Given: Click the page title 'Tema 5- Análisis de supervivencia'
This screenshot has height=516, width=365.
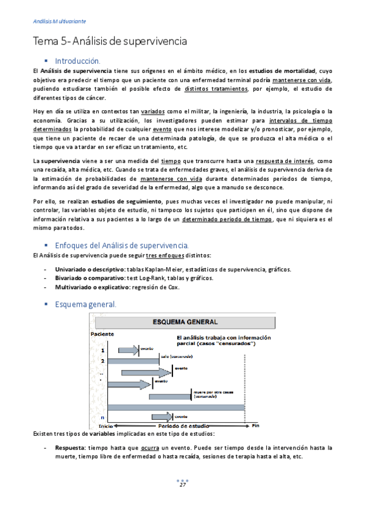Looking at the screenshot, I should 110,41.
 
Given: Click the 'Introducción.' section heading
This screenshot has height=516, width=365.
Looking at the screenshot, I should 77,61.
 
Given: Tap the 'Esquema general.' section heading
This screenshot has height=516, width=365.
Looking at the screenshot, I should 85,304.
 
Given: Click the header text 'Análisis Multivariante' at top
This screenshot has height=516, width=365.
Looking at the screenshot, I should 60,21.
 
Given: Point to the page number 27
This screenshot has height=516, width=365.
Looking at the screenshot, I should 182,502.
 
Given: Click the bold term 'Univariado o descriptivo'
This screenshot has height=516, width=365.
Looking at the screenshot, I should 90,269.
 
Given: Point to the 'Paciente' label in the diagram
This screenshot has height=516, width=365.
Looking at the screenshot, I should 102,334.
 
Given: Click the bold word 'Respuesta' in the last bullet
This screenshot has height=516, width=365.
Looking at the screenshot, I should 69,447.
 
